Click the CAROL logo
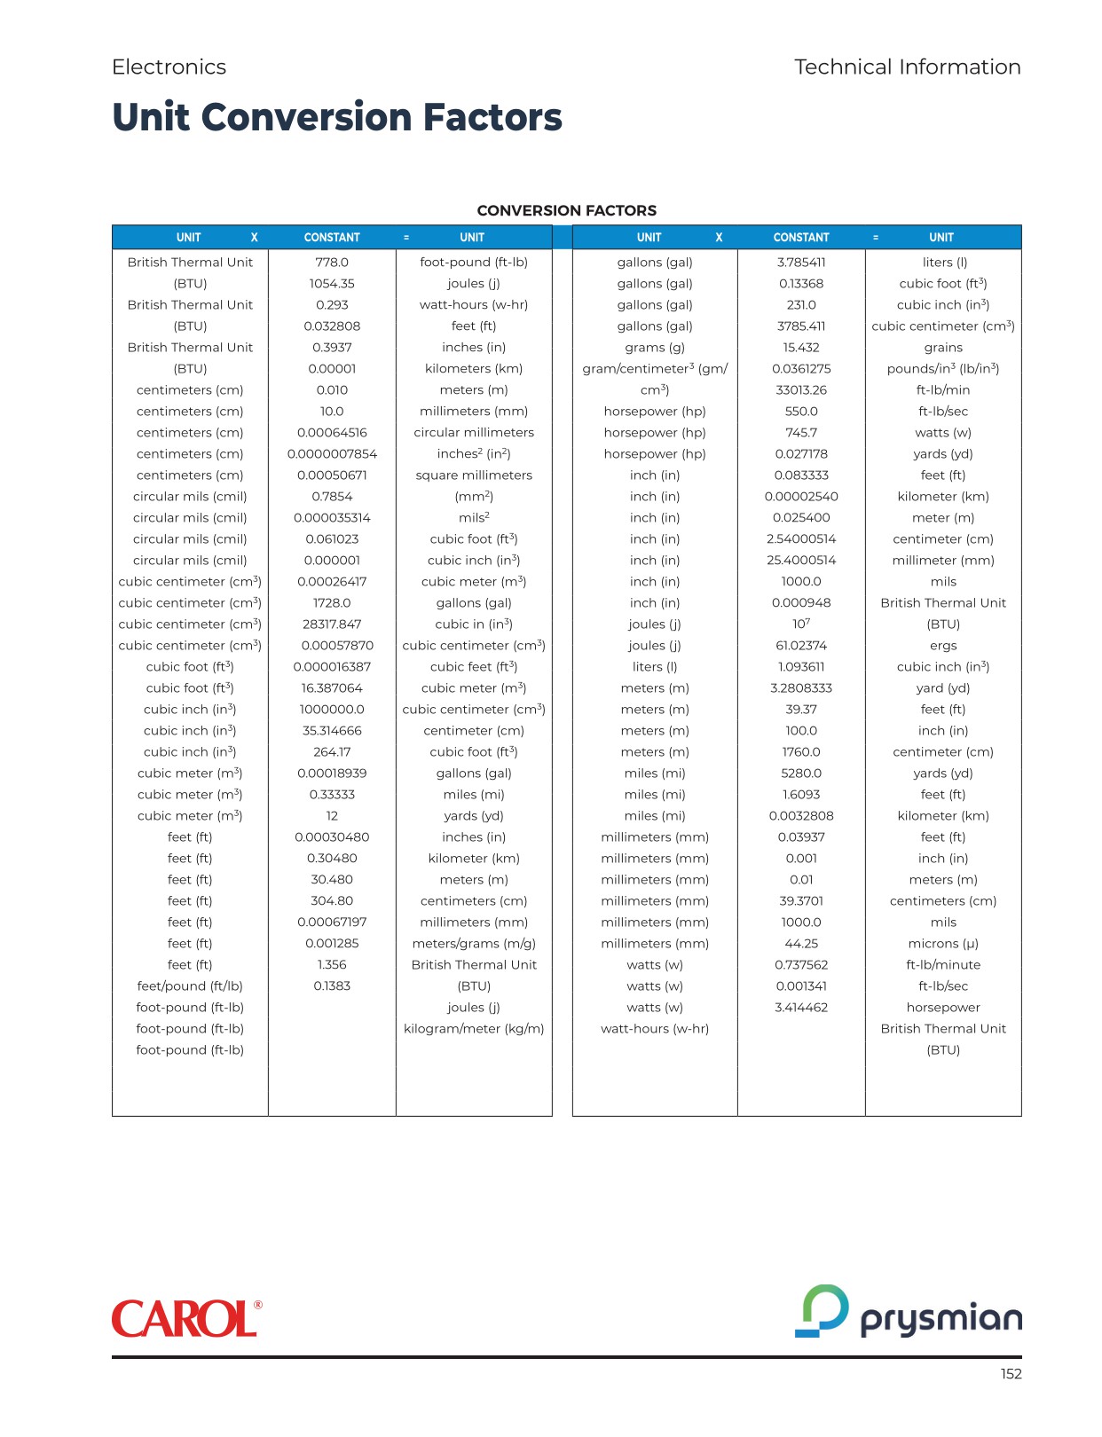186,1319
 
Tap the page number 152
1011,1374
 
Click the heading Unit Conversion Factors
337,117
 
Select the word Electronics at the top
169,67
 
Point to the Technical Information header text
907,67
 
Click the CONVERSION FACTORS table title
566,211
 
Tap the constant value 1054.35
332,284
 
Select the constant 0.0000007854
332,454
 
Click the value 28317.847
332,624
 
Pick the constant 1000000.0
332,710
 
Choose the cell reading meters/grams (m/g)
474,944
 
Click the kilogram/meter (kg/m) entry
474,1029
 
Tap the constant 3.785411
801,263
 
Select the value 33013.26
801,390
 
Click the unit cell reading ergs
943,646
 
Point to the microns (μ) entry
943,944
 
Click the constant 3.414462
801,1008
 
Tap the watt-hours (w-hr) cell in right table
655,1029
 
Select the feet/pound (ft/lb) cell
190,986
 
